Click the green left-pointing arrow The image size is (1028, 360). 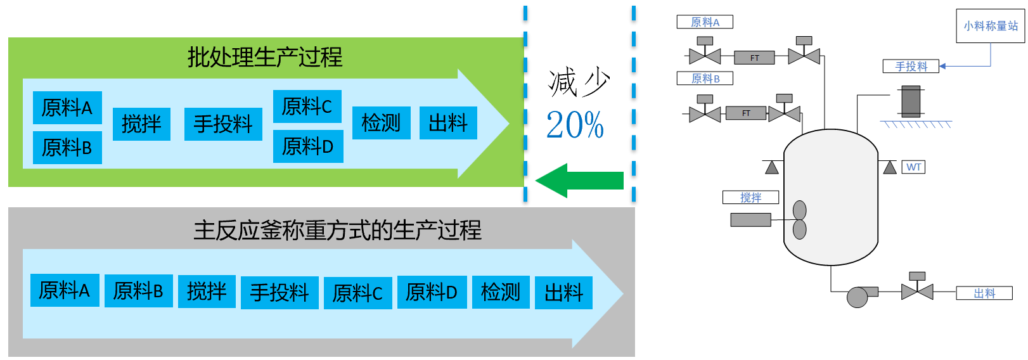point(578,181)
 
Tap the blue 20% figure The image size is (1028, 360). point(575,125)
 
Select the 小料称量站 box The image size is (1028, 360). point(990,26)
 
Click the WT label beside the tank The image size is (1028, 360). point(913,167)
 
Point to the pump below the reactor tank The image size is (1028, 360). point(858,297)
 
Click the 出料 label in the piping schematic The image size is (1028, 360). point(984,293)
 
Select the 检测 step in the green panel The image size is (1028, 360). point(381,123)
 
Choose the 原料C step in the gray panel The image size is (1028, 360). point(357,293)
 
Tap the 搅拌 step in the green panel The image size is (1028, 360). point(141,124)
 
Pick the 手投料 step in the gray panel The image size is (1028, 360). point(279,293)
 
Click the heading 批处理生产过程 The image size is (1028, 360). point(265,57)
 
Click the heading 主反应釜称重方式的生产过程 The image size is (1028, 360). point(337,230)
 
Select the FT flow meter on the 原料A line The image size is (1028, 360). point(754,58)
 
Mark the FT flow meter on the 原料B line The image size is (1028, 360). point(746,113)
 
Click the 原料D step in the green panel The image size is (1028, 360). point(307,146)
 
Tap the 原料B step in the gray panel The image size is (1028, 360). point(138,291)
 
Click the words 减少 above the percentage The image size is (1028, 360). point(578,83)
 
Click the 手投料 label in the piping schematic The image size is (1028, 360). point(911,66)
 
